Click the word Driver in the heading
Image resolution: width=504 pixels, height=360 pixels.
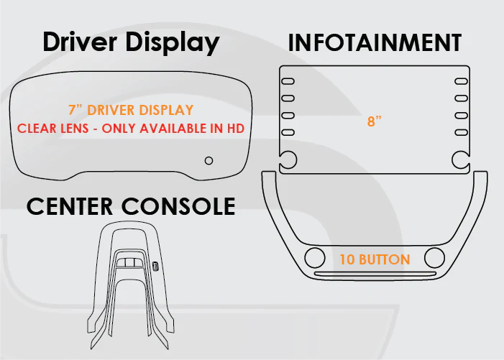tap(80, 42)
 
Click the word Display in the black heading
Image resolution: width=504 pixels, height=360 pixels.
tap(173, 43)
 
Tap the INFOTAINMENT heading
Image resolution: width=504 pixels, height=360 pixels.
tap(375, 42)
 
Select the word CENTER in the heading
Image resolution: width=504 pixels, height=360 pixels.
tap(70, 206)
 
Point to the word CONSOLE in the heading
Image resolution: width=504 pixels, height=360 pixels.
tap(178, 206)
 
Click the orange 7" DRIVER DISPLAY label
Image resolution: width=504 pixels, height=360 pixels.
tap(131, 110)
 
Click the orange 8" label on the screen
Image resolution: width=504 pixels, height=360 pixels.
tap(375, 121)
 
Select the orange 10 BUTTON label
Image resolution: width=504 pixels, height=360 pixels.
tap(375, 259)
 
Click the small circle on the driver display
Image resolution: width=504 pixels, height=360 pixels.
tap(209, 160)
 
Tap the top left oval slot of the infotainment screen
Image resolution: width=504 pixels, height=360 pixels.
tap(288, 81)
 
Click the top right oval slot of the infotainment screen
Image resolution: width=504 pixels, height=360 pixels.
tap(462, 81)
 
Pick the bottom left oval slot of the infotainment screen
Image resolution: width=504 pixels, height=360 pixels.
tap(288, 132)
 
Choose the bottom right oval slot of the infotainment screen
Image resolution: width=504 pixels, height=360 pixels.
tap(462, 132)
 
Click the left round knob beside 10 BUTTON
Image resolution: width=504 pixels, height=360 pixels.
tap(315, 257)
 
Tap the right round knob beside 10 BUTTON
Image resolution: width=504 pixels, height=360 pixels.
tap(434, 257)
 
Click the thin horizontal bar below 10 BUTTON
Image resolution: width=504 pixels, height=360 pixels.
tap(375, 274)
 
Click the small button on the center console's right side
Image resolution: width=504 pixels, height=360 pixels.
tap(156, 266)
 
